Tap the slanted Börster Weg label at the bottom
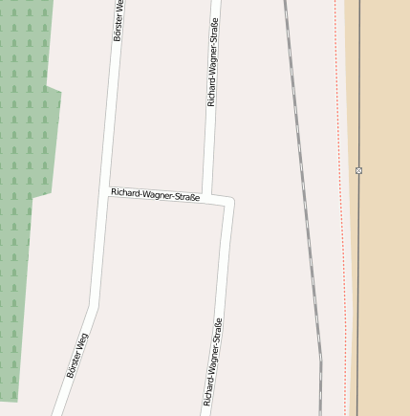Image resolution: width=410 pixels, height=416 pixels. point(77,355)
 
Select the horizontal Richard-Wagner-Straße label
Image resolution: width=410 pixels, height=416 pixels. point(155,195)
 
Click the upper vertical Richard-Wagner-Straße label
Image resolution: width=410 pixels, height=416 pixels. point(212,61)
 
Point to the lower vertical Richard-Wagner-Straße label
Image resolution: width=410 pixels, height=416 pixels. point(212,361)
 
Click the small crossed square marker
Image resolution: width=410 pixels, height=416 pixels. point(358,170)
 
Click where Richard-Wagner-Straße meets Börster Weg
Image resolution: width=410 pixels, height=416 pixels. point(107,191)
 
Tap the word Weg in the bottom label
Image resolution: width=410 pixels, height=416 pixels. point(83,340)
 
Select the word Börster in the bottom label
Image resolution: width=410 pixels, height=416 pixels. point(74,363)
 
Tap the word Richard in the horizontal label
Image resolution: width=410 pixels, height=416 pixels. point(125,192)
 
